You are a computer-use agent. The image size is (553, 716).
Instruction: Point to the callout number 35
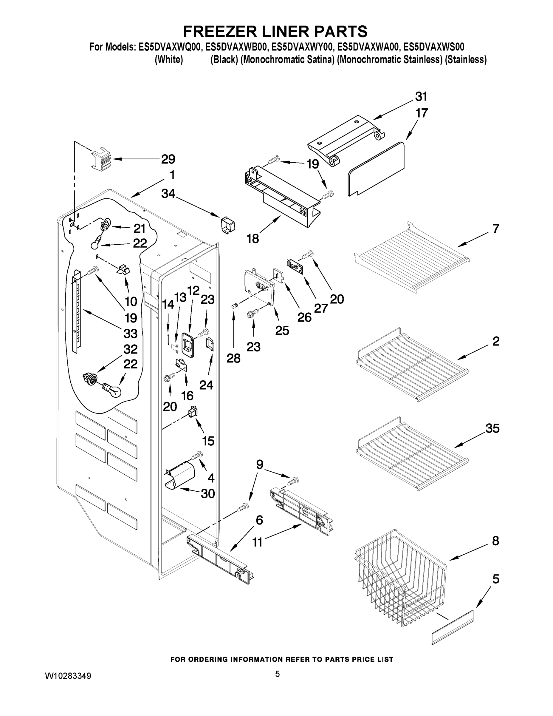tap(492, 428)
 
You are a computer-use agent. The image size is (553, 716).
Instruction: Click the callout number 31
tap(421, 97)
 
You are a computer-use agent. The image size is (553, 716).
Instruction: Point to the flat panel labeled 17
tap(377, 169)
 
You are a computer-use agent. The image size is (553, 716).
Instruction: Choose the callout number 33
tap(130, 334)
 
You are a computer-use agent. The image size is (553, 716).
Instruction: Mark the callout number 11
tap(257, 542)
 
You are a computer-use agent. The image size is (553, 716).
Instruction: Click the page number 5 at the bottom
tap(277, 674)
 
